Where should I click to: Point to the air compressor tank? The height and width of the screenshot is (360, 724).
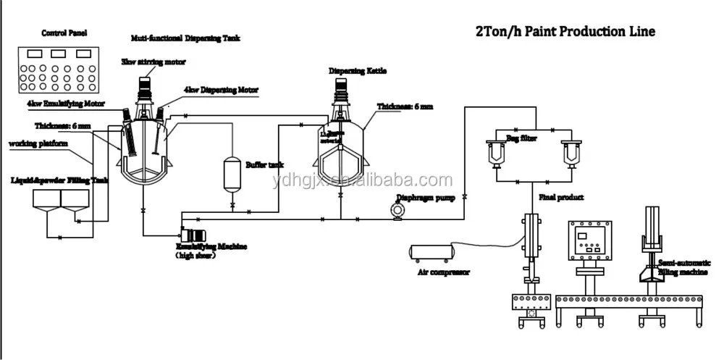click(432, 251)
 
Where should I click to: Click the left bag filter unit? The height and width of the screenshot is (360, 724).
click(497, 154)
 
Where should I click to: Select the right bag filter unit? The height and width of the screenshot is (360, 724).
click(571, 154)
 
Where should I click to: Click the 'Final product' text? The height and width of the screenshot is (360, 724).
click(562, 196)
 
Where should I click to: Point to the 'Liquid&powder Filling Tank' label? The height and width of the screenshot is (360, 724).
click(59, 178)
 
